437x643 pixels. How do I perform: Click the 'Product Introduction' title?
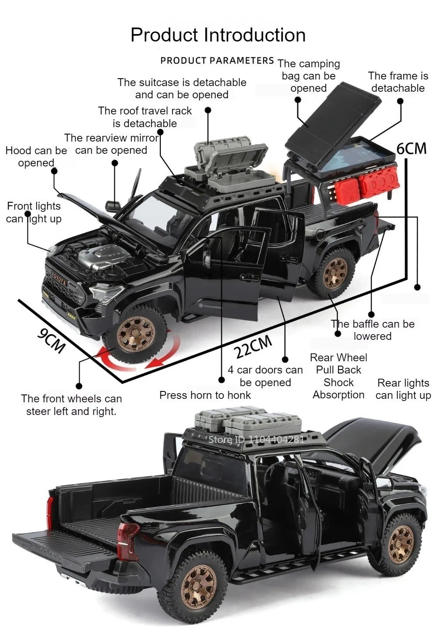click(x=218, y=35)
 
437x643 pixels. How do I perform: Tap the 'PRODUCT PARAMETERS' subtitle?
click(x=217, y=61)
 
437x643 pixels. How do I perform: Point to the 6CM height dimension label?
click(x=412, y=149)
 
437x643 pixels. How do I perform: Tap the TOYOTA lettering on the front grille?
click(x=59, y=277)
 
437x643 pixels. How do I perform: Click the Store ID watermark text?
click(x=256, y=439)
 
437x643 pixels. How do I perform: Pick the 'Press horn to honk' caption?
click(x=205, y=395)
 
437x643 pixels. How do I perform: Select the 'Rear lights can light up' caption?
click(x=403, y=389)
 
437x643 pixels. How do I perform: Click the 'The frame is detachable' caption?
click(x=398, y=82)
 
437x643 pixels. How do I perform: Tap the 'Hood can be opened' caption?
click(x=36, y=156)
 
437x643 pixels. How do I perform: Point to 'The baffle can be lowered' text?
click(x=373, y=330)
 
